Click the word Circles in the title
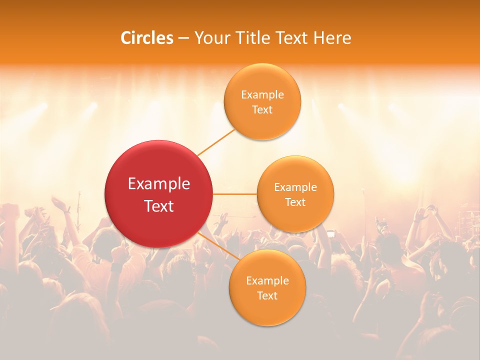tap(147, 38)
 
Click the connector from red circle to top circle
tap(216, 141)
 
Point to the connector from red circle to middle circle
tap(234, 193)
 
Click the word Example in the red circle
tap(159, 184)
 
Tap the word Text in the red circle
tap(159, 206)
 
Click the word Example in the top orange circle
tap(262, 94)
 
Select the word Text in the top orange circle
tap(262, 109)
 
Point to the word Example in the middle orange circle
tap(295, 187)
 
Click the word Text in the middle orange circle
tap(295, 202)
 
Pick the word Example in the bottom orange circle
tap(267, 280)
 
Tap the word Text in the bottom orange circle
tap(267, 295)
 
